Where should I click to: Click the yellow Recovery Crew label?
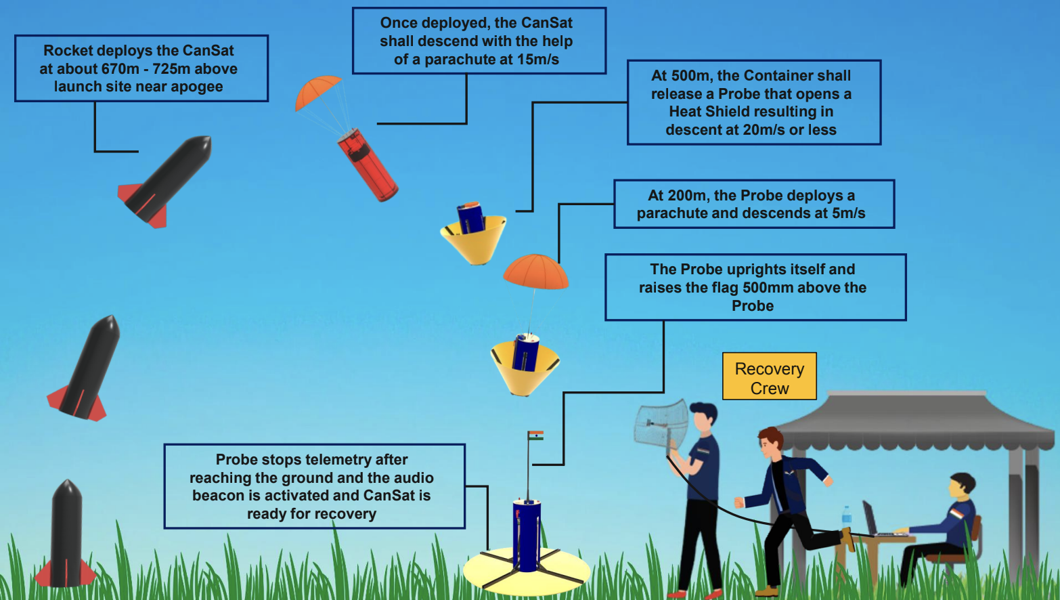point(770,377)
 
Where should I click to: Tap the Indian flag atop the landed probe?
point(535,435)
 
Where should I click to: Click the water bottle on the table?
point(847,516)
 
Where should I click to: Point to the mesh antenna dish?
point(661,423)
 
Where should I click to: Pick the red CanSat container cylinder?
point(368,165)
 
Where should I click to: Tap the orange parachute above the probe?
point(535,272)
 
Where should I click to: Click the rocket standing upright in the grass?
point(66,534)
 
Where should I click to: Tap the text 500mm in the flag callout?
point(768,287)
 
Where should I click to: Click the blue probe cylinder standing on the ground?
point(527,536)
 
